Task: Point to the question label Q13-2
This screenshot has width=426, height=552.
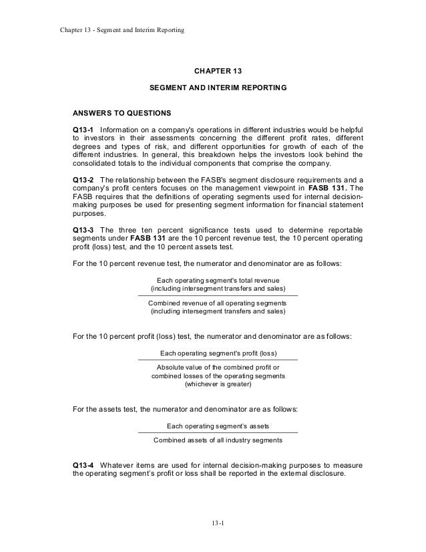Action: click(83, 180)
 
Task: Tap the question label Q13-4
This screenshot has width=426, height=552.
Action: click(83, 464)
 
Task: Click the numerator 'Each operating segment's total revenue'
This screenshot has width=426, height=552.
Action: click(218, 280)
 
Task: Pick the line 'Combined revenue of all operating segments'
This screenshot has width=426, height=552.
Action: click(218, 303)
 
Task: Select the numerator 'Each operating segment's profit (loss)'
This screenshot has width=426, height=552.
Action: click(218, 354)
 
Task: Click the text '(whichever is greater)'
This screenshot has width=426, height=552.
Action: click(218, 384)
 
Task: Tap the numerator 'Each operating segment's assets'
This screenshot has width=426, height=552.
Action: click(218, 426)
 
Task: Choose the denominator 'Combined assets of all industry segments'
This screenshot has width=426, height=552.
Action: click(218, 440)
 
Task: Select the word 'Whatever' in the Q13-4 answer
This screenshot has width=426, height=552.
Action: click(120, 464)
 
